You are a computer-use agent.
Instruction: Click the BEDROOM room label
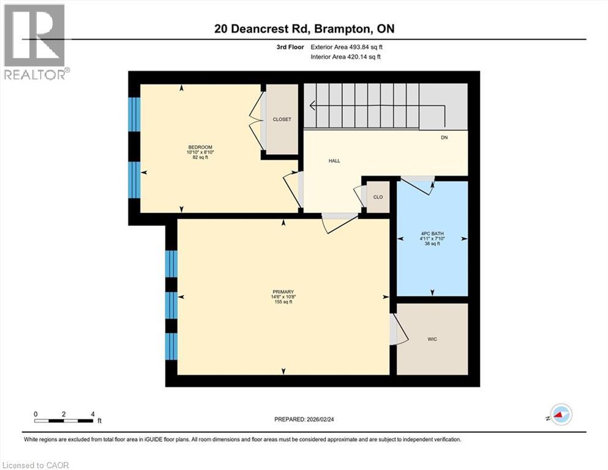200,147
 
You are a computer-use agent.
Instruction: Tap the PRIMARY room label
283,291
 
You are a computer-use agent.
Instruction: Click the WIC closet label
432,339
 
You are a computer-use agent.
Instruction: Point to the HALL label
334,161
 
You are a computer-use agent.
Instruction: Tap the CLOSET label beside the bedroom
282,119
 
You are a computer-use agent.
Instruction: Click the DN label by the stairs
445,138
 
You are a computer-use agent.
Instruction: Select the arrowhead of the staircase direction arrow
312,106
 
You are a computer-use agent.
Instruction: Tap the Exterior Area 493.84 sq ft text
347,47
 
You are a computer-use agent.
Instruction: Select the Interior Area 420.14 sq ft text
347,57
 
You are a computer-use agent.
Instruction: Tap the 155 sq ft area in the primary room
283,302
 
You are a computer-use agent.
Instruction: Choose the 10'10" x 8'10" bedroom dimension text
200,152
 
